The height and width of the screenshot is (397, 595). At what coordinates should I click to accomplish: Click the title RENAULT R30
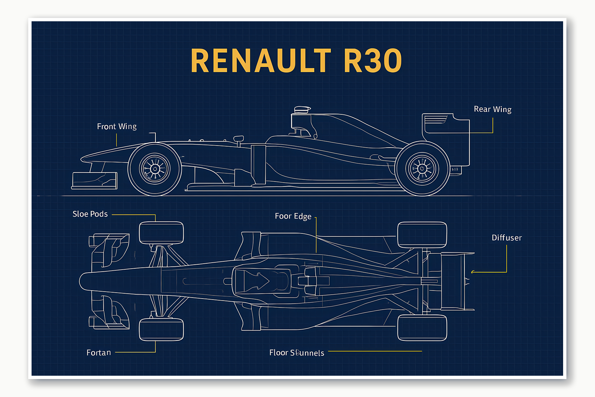(296, 61)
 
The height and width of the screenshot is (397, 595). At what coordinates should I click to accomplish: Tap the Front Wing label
(117, 127)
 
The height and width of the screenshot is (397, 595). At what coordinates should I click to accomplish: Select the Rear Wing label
(492, 109)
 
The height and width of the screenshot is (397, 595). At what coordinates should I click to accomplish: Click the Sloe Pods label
(90, 214)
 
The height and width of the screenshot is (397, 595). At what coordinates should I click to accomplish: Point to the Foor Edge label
(293, 216)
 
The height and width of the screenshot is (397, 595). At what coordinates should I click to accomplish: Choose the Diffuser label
(506, 238)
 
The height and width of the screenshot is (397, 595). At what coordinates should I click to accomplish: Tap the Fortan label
(99, 353)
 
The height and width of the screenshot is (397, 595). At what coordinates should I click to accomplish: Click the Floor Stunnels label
(297, 353)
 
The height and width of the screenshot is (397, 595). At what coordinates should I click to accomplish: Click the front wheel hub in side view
(155, 169)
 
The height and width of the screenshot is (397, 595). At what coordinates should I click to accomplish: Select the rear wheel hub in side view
(422, 169)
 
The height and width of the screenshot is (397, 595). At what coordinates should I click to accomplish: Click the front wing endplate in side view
(95, 181)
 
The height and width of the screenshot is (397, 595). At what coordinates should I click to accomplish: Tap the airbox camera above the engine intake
(302, 109)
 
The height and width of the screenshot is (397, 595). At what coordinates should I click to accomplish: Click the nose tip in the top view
(81, 281)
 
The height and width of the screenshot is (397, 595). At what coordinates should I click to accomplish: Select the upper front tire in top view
(161, 233)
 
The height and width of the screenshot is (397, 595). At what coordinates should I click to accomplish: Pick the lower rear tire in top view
(422, 328)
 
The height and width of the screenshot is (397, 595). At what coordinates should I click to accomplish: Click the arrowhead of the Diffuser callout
(472, 272)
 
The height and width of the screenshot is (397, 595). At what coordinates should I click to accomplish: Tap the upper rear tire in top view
(422, 235)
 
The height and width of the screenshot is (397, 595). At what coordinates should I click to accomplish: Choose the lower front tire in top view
(161, 330)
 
